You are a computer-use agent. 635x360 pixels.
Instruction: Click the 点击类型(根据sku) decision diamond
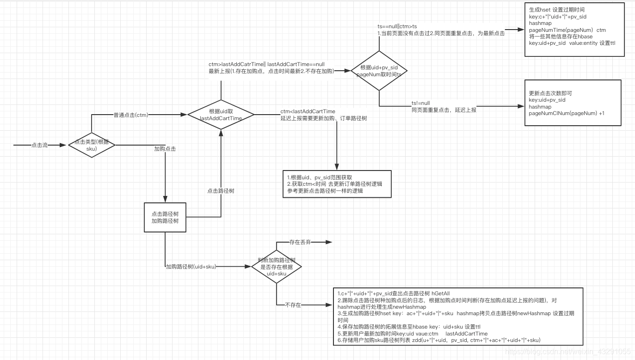point(92,145)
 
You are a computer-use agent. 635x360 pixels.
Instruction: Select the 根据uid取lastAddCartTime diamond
point(221,115)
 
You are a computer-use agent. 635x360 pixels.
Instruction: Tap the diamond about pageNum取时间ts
point(379,71)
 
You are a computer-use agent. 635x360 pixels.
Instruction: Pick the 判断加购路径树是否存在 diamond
point(277,267)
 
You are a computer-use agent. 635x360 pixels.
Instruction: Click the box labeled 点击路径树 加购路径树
point(165,217)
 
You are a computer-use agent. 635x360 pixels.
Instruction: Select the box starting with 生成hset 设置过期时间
point(574,30)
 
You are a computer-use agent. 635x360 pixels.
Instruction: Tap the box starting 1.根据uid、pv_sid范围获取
point(337,184)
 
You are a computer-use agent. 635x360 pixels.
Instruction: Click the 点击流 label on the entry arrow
point(39,145)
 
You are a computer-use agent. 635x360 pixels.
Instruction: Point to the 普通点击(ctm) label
point(131,115)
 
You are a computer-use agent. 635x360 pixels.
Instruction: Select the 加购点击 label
point(165,149)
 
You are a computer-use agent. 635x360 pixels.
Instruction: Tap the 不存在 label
point(293,305)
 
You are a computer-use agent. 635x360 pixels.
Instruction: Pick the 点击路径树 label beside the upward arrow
point(221,190)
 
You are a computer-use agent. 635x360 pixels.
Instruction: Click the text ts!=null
point(421,103)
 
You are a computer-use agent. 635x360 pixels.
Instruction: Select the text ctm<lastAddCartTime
point(308,111)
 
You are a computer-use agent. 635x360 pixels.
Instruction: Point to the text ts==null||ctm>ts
point(397,26)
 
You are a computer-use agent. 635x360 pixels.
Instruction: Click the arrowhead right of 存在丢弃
point(329,242)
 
